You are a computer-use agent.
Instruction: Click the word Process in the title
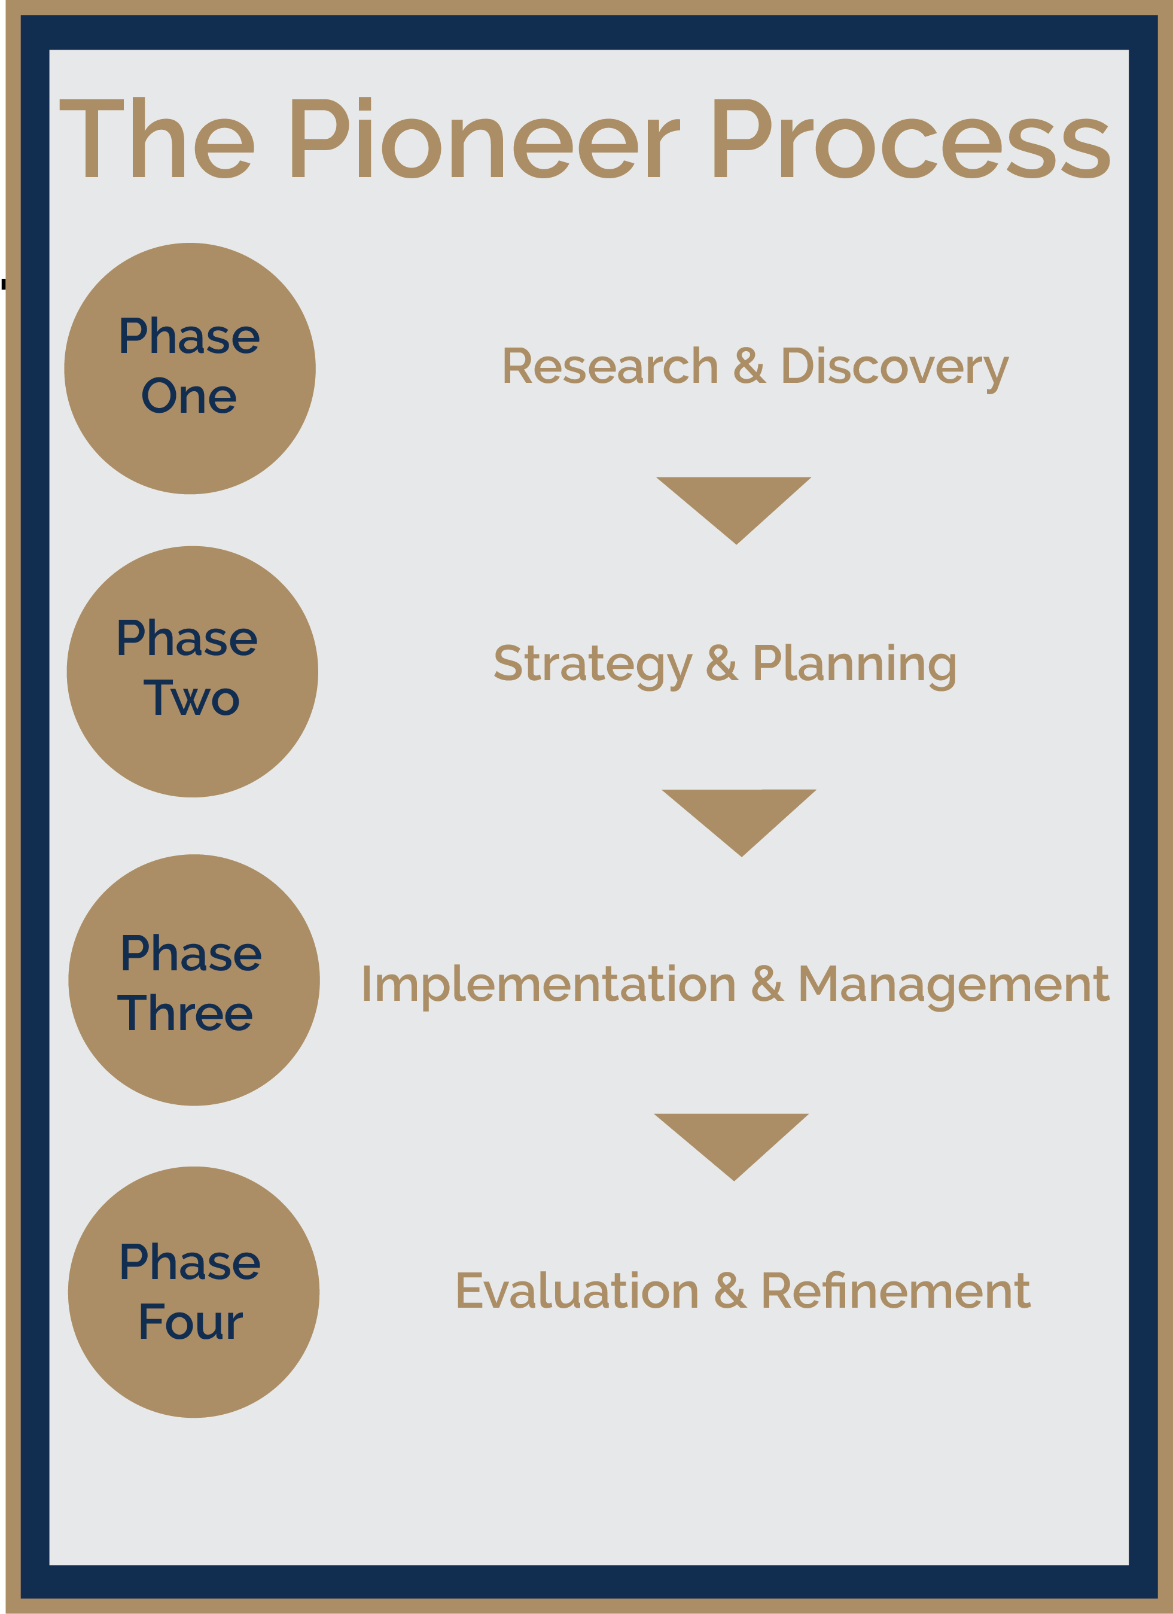click(912, 138)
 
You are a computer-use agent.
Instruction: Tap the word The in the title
click(157, 138)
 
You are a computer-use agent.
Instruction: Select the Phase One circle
click(190, 369)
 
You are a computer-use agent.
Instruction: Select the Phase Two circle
click(192, 672)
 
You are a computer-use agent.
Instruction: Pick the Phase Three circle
click(194, 980)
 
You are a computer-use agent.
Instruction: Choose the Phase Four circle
click(194, 1293)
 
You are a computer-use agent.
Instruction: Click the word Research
click(610, 367)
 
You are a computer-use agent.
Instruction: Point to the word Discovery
click(895, 369)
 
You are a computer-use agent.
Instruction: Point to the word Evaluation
click(577, 1291)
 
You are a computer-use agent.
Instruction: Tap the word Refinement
click(895, 1291)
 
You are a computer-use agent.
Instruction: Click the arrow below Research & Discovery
click(735, 510)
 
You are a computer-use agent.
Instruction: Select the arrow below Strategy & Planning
click(739, 822)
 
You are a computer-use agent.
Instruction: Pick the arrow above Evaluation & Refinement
click(732, 1146)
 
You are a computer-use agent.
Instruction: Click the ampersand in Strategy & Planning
click(722, 663)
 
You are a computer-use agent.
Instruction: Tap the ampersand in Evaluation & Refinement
click(730, 1291)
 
